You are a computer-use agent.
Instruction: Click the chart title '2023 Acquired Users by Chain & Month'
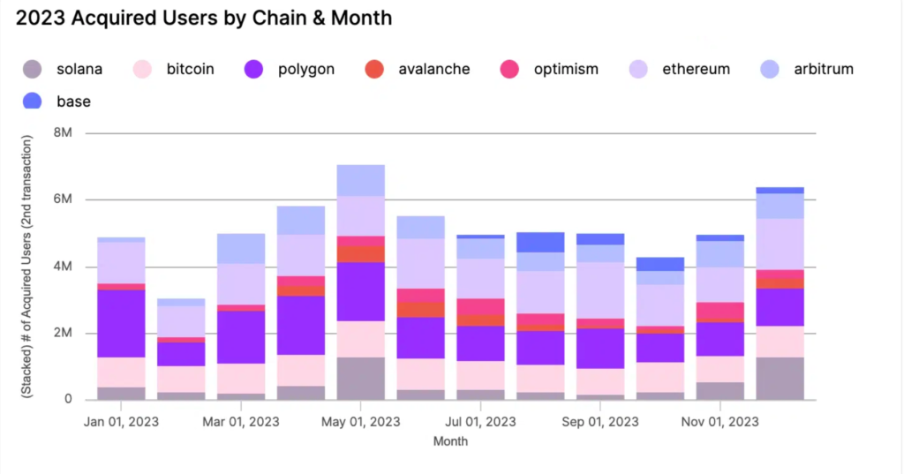pyautogui.click(x=204, y=18)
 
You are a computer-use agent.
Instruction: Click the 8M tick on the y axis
pyautogui.click(x=63, y=133)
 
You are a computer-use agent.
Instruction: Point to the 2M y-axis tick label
pyautogui.click(x=63, y=333)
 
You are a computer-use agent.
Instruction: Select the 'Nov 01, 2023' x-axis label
pyautogui.click(x=720, y=421)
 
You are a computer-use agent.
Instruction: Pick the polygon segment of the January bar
pyautogui.click(x=122, y=323)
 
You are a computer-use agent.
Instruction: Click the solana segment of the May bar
pyautogui.click(x=361, y=378)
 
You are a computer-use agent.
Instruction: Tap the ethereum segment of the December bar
pyautogui.click(x=780, y=244)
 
